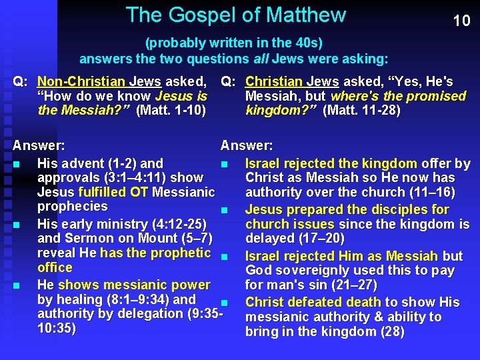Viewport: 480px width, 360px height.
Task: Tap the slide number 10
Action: (x=461, y=21)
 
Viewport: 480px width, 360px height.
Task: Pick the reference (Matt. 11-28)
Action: (x=361, y=111)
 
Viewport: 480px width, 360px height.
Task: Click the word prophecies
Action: (x=72, y=207)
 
